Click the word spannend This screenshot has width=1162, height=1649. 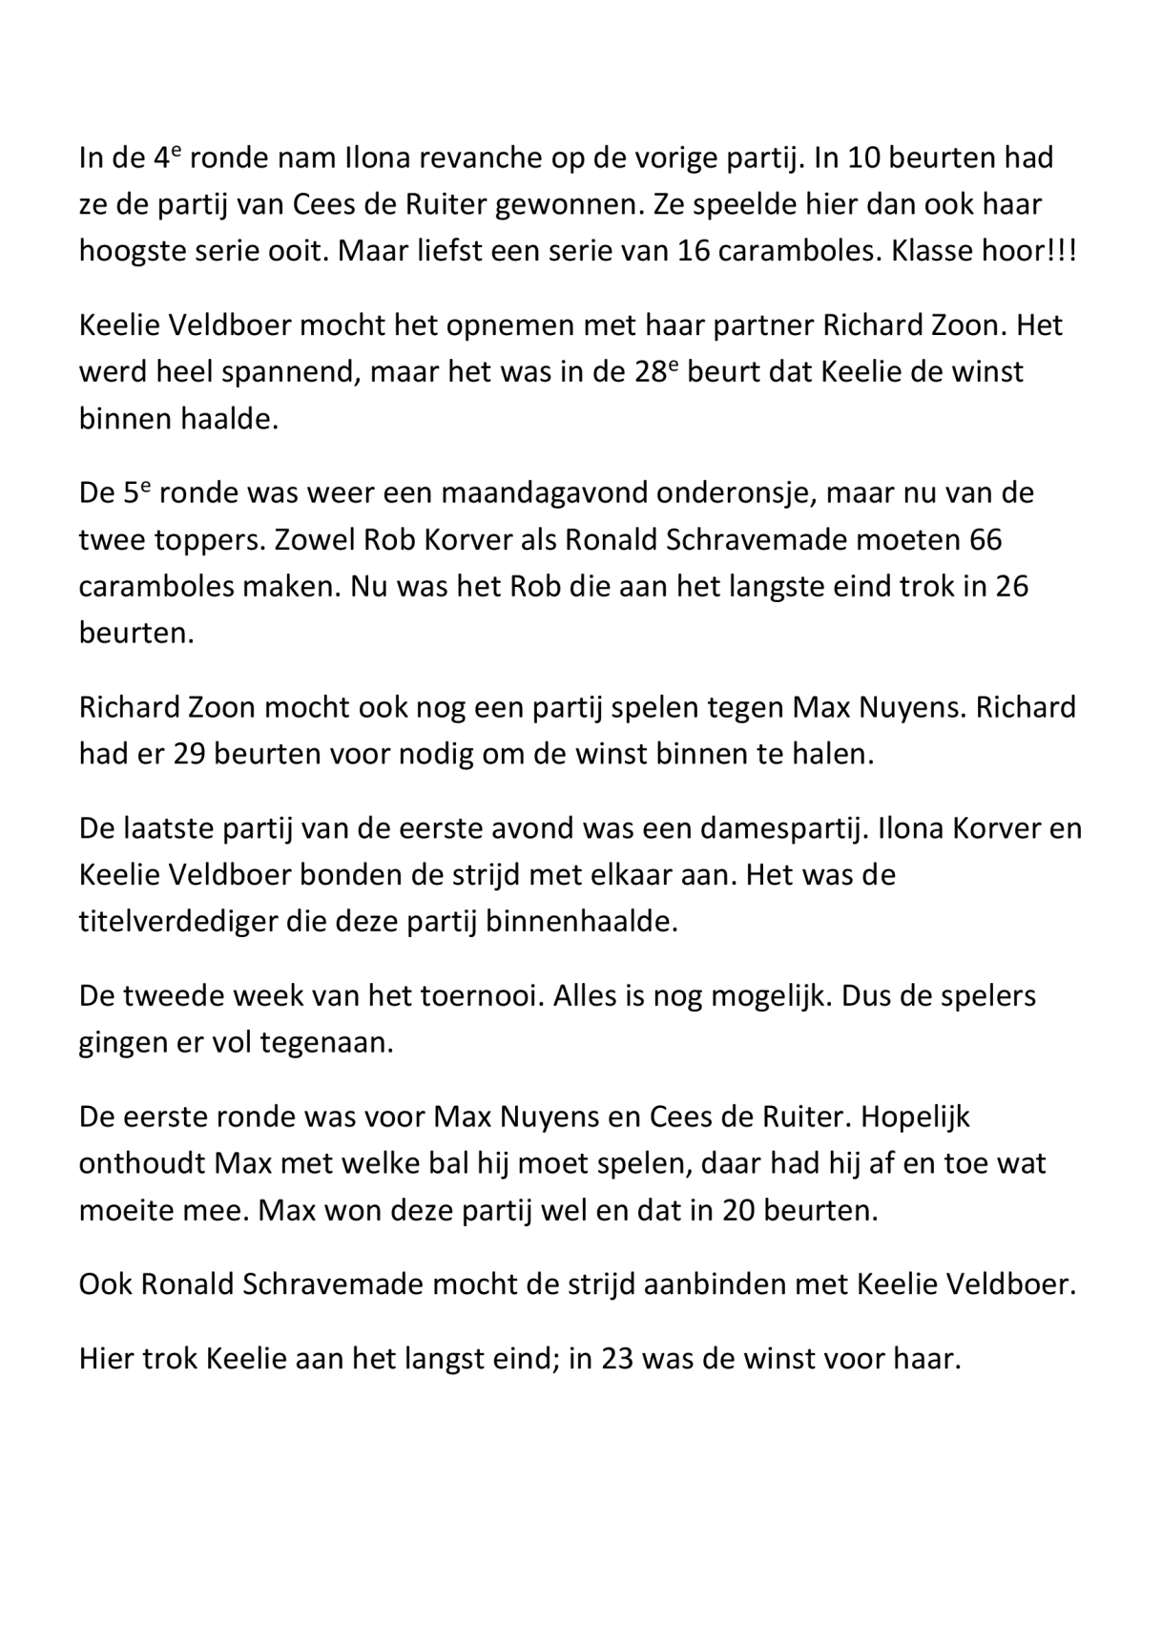[289, 372]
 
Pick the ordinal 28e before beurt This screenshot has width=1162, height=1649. [655, 371]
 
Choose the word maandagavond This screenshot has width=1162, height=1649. [503, 493]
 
